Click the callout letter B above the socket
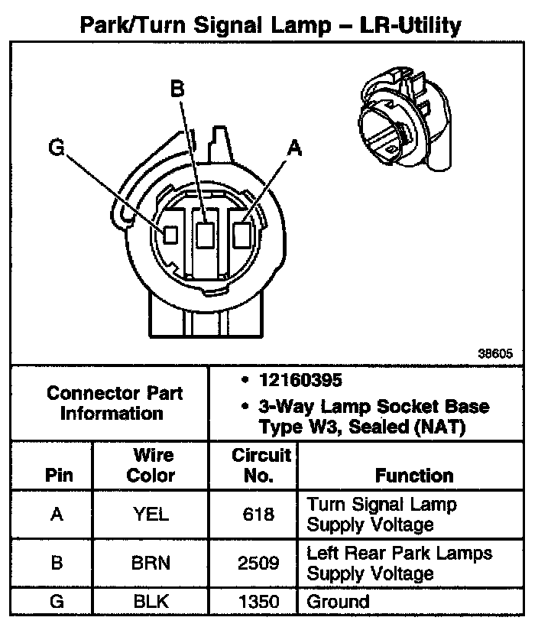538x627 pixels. pyautogui.click(x=177, y=90)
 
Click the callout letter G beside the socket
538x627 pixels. pyautogui.click(x=56, y=147)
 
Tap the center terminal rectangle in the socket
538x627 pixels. pyautogui.click(x=205, y=233)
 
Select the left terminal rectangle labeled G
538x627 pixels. pyautogui.click(x=171, y=233)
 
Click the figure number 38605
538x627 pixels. pyautogui.click(x=494, y=355)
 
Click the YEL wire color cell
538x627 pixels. pyautogui.click(x=151, y=515)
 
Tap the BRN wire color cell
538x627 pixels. pyautogui.click(x=151, y=564)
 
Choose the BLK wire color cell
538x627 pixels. pyautogui.click(x=151, y=601)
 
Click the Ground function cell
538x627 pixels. pyautogui.click(x=338, y=601)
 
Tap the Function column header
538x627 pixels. pyautogui.click(x=414, y=476)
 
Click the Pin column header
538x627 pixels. pyautogui.click(x=59, y=476)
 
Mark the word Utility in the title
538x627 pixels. pyautogui.click(x=420, y=27)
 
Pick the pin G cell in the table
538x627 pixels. pyautogui.click(x=56, y=601)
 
